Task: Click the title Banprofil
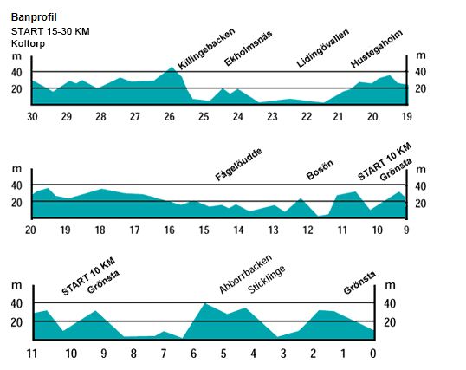[34, 17]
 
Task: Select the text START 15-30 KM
[50, 31]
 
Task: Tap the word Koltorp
[28, 43]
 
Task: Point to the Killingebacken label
[206, 49]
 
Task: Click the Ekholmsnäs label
[248, 49]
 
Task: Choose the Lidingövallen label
[323, 49]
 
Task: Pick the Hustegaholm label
[377, 49]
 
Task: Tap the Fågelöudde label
[239, 165]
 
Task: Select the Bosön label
[320, 170]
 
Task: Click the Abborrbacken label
[245, 274]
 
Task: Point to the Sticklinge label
[266, 279]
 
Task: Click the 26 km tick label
[170, 117]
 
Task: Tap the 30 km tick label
[32, 117]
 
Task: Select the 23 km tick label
[272, 117]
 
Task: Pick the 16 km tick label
[170, 230]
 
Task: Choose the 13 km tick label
[273, 230]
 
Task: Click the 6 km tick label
[193, 354]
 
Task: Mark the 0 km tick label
[373, 354]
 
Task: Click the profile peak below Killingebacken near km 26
[172, 68]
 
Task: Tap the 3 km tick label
[283, 354]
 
